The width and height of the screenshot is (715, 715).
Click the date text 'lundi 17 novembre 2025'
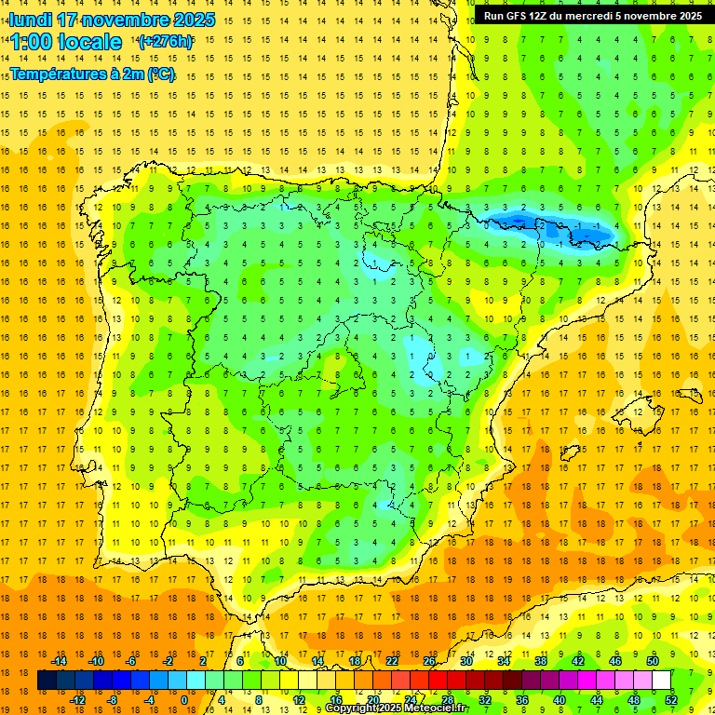(x=112, y=20)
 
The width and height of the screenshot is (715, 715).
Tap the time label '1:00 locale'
(x=66, y=42)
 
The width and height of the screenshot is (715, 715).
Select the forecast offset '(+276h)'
(x=165, y=41)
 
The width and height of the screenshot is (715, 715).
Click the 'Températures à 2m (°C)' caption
(x=92, y=74)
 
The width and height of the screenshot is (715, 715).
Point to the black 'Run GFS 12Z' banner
(x=593, y=16)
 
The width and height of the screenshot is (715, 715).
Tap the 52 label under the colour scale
(x=671, y=700)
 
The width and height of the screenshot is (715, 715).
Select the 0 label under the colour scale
(x=183, y=700)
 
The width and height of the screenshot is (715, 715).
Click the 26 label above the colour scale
(x=429, y=660)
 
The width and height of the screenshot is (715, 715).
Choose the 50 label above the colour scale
(x=653, y=660)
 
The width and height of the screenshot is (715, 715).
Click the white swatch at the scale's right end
(x=661, y=681)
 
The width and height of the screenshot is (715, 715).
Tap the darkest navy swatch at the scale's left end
(x=47, y=681)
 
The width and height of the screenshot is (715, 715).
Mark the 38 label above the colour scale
(x=541, y=660)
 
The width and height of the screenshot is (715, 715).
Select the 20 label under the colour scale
(x=373, y=700)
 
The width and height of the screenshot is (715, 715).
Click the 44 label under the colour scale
(x=597, y=700)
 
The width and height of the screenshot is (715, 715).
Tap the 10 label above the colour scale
(x=280, y=660)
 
